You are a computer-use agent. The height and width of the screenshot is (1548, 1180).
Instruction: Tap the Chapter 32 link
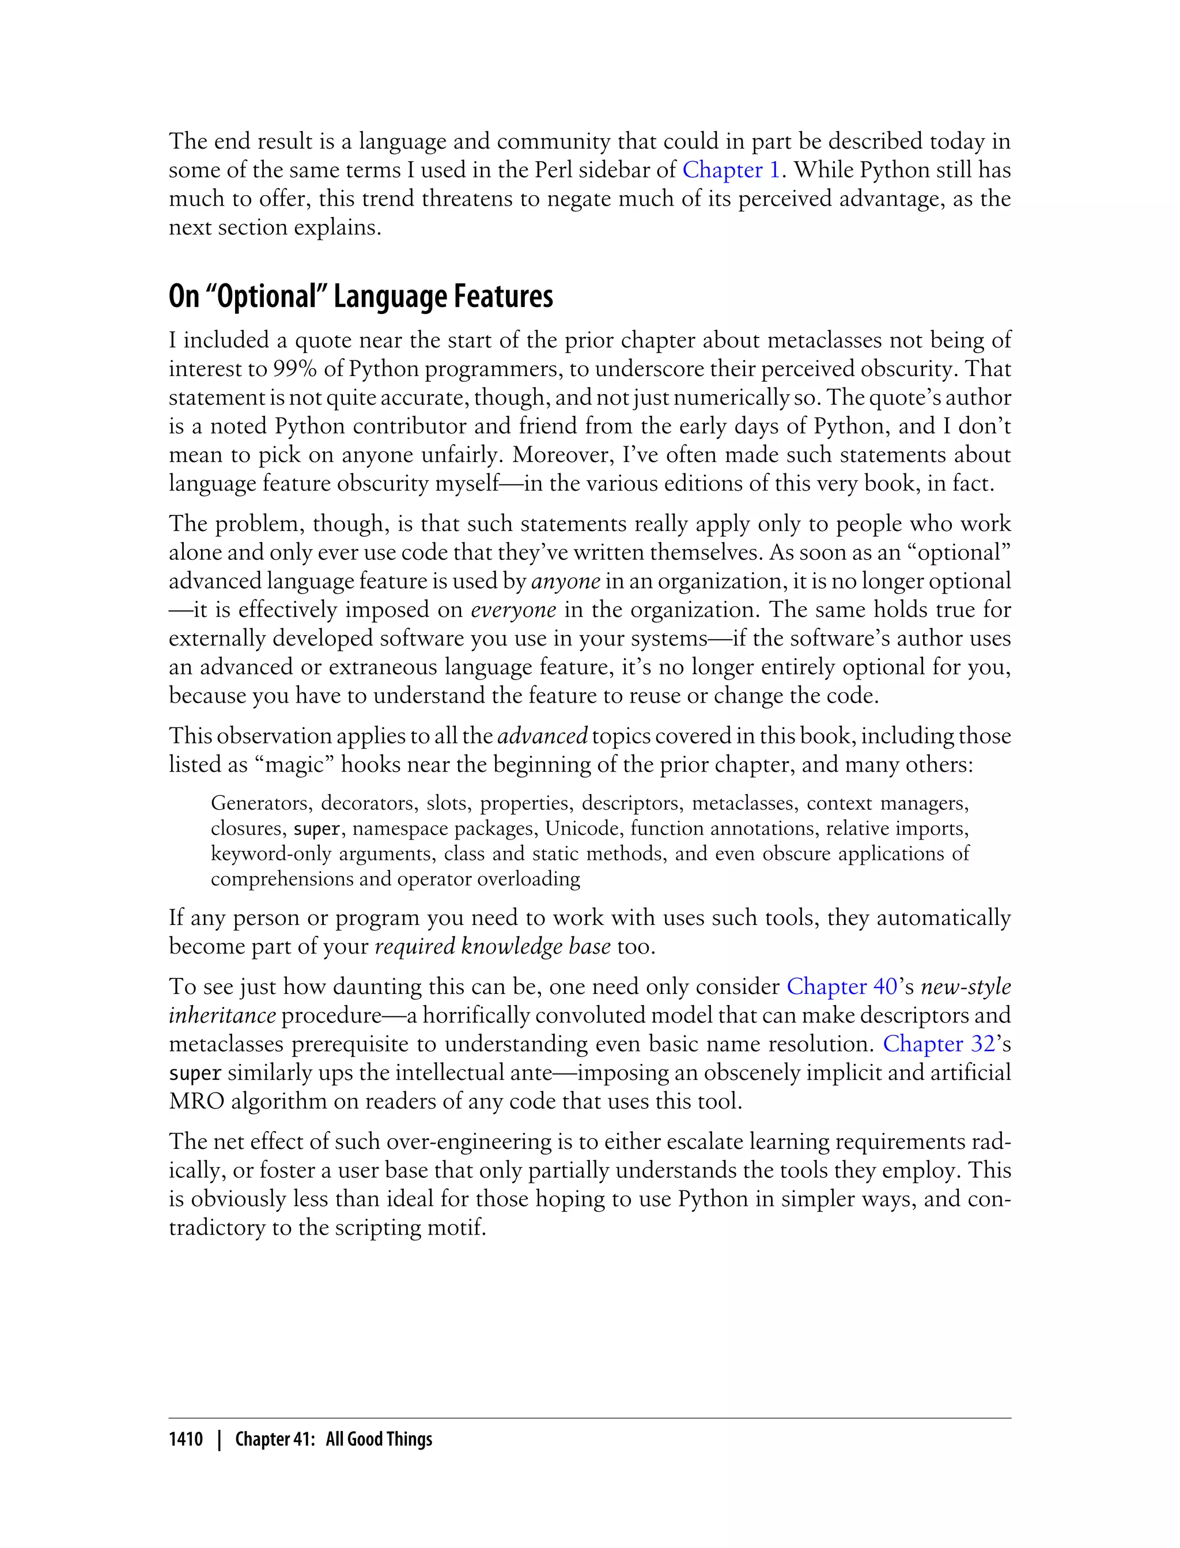pos(939,1044)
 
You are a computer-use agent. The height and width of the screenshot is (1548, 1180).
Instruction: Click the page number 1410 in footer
pos(186,1439)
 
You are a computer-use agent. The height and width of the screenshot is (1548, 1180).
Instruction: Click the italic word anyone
pos(566,581)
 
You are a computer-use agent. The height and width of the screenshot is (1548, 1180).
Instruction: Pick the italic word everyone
pos(513,610)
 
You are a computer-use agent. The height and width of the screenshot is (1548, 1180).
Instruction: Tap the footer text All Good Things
pos(379,1439)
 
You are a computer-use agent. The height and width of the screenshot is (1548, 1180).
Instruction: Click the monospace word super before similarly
pos(195,1073)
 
